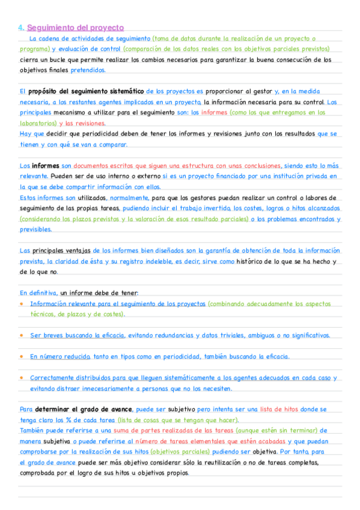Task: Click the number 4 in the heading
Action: pos(20,28)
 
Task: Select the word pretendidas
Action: pos(88,70)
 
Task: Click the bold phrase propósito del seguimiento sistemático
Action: pos(87,91)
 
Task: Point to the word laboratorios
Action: pos(36,123)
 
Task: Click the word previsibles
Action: pos(36,229)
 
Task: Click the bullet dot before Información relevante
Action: pos(22,304)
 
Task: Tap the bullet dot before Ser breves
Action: pos(22,335)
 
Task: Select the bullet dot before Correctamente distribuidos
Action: pos(22,378)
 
